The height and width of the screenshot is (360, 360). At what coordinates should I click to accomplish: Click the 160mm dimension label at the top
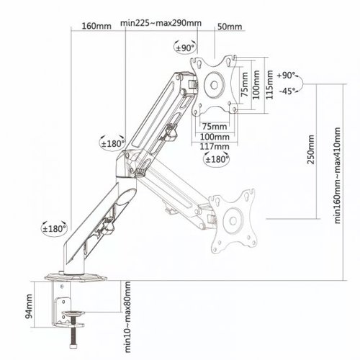point(96,26)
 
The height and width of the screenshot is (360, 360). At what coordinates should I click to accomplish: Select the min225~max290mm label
point(161,23)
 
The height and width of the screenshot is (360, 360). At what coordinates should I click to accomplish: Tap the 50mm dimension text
point(230,27)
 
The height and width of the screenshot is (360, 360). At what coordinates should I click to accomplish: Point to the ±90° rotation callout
point(185,48)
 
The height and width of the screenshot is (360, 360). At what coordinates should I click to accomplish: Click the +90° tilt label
point(286,76)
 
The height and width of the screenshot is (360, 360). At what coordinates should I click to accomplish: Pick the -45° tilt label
point(287,91)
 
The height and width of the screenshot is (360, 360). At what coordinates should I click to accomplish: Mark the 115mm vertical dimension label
point(270,84)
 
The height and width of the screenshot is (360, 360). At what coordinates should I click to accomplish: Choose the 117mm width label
point(215,146)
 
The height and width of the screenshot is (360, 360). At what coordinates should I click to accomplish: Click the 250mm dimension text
point(310,149)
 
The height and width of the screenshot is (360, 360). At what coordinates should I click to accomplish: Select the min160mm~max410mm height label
point(337,176)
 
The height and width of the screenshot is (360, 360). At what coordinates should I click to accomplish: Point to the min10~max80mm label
point(127,317)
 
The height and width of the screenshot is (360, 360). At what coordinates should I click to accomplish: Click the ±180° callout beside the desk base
point(54,229)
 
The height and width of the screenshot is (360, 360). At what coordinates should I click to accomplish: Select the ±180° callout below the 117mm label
point(216,159)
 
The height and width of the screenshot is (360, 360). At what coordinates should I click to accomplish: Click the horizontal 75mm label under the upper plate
point(214,126)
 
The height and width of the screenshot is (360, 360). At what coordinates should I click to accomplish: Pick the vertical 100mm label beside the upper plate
point(256,84)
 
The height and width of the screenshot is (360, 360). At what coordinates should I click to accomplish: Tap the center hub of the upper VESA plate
point(214,85)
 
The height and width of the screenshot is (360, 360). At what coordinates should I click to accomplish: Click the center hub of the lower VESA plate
point(233,221)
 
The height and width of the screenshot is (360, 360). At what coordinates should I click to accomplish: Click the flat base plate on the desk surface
point(76,277)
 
